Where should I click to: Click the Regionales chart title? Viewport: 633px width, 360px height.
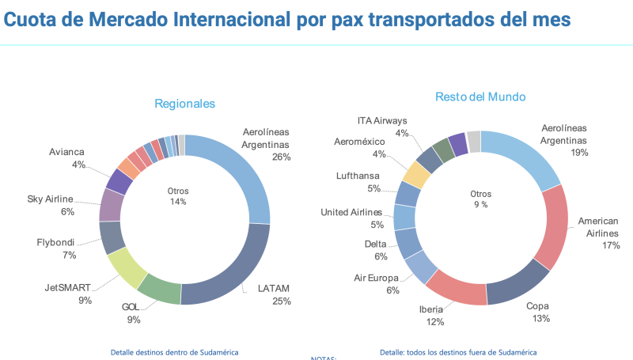pyautogui.click(x=184, y=104)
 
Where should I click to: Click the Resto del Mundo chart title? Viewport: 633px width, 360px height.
pyautogui.click(x=480, y=97)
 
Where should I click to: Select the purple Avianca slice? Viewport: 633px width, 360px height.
pyautogui.click(x=119, y=180)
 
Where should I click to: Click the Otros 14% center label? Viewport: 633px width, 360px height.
pyautogui.click(x=178, y=196)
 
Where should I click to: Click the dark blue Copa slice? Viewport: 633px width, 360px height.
pyautogui.click(x=517, y=283)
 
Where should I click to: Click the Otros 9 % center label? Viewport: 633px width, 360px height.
pyautogui.click(x=480, y=199)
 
